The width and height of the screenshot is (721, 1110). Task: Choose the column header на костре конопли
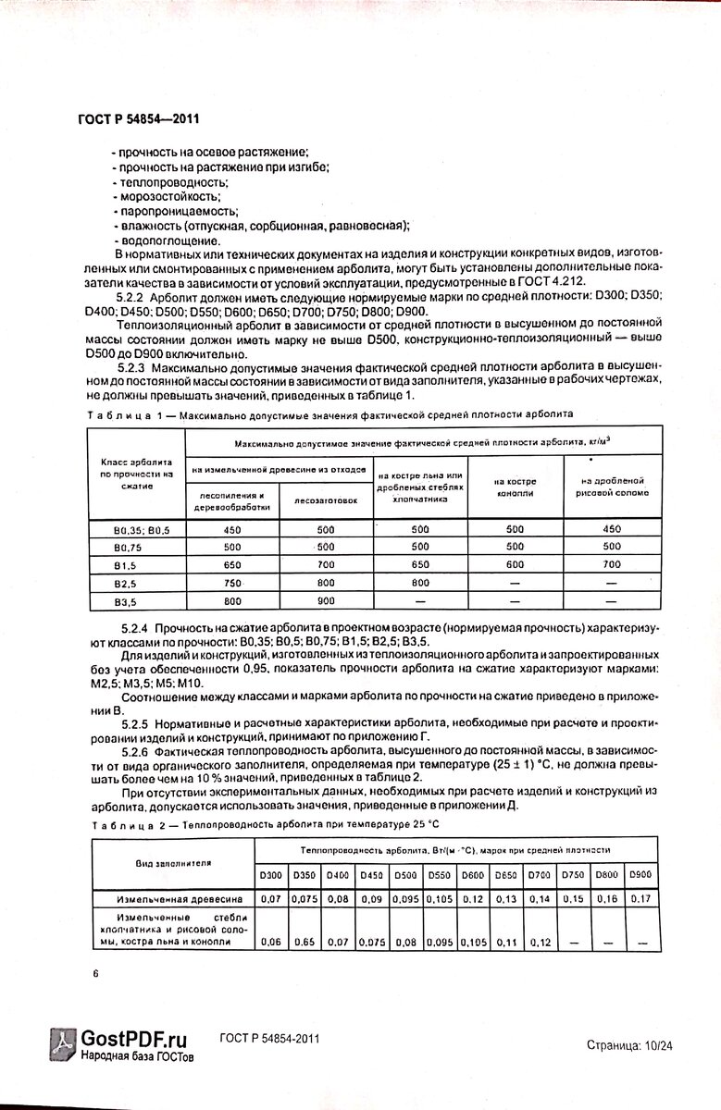click(516, 487)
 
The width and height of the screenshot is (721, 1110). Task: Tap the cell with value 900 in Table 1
click(327, 600)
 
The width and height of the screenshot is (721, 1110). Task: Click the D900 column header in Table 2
click(640, 875)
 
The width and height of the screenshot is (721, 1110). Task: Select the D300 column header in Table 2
click(270, 875)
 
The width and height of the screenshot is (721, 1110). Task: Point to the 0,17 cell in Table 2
click(640, 898)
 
